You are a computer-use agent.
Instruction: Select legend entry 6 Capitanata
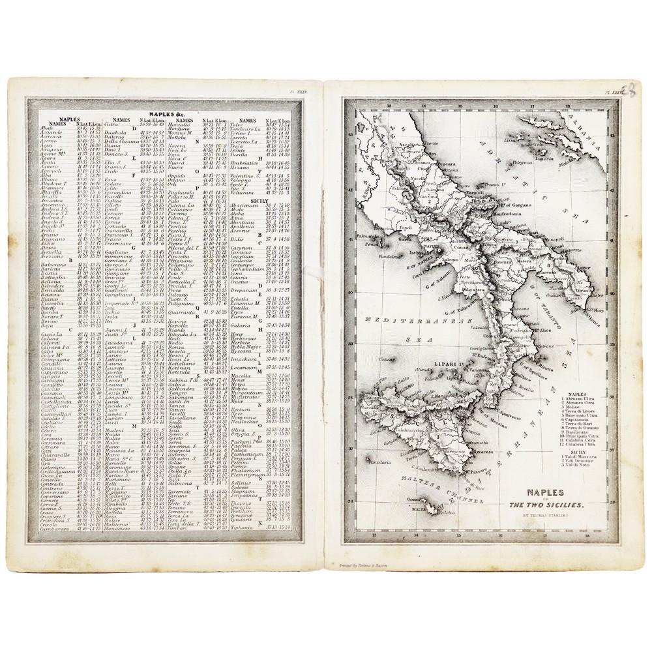pyautogui.click(x=576, y=421)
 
